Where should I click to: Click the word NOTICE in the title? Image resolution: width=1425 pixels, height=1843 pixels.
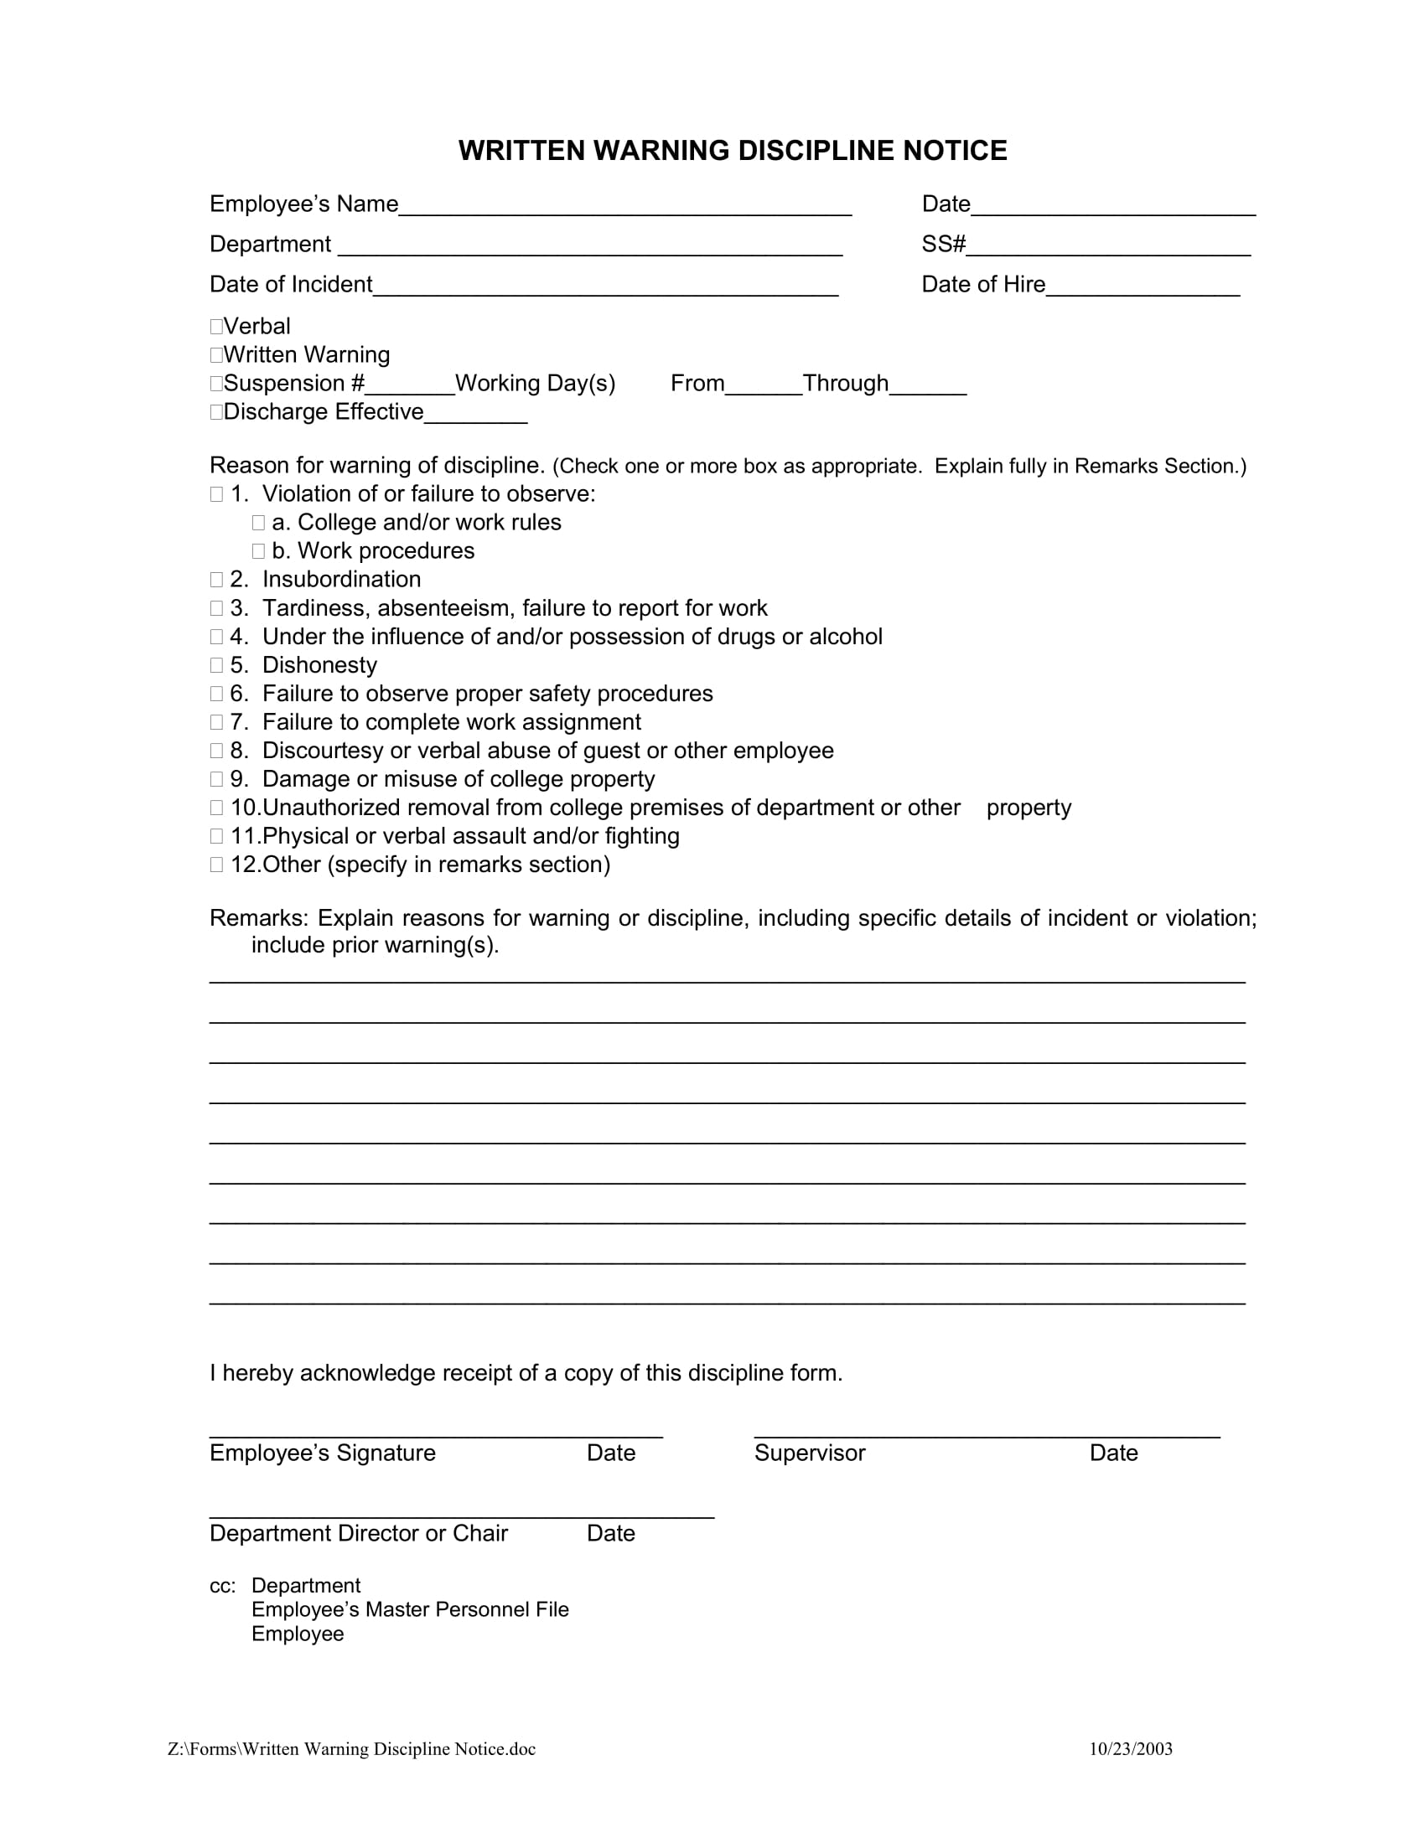click(x=955, y=151)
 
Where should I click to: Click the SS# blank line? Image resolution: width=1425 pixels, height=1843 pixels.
click(x=1108, y=246)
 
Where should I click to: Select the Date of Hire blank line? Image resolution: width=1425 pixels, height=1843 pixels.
click(x=1143, y=287)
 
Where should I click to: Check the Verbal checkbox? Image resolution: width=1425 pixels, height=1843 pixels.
click(x=216, y=327)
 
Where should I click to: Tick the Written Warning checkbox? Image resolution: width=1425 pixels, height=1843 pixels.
click(x=216, y=355)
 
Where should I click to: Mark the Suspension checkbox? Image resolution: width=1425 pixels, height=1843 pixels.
click(x=216, y=384)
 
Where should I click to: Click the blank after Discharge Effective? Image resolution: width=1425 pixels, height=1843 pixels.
click(x=476, y=415)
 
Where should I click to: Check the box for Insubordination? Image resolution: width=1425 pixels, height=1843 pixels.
click(x=216, y=580)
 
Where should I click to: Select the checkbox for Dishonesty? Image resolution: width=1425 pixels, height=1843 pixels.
click(x=216, y=666)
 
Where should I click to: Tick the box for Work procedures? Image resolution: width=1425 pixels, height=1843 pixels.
click(x=258, y=551)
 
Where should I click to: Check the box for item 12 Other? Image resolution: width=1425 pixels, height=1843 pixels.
click(x=216, y=865)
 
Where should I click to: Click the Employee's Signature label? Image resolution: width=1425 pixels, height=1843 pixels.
click(x=323, y=1453)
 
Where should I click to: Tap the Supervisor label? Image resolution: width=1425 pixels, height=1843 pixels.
click(x=810, y=1453)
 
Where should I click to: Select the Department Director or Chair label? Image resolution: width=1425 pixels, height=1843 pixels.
click(x=359, y=1533)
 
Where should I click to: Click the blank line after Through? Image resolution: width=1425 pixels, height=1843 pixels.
click(x=928, y=386)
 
